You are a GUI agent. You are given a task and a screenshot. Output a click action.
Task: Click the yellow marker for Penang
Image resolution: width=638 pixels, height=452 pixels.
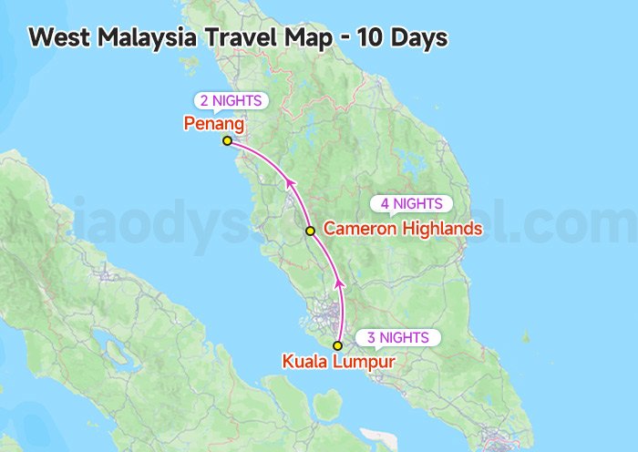tap(227, 140)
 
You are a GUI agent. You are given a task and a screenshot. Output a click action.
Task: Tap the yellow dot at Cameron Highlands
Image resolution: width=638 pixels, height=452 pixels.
tap(310, 231)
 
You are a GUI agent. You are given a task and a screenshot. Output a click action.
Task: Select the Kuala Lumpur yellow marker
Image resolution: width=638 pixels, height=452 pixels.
tap(337, 345)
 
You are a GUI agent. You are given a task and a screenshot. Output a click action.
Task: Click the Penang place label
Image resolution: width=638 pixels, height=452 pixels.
tap(214, 122)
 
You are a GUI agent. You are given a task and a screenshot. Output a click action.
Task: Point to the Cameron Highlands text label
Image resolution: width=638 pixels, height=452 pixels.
tap(403, 229)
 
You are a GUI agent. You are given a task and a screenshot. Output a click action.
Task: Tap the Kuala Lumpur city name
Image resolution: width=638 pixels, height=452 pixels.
tap(339, 362)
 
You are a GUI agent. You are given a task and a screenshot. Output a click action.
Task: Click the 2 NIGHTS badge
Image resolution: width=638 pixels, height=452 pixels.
tap(232, 100)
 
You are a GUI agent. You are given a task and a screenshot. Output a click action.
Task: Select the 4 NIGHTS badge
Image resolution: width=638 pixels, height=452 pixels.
tap(411, 204)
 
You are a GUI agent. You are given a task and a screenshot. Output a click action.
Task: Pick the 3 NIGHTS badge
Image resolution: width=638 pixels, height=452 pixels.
tap(398, 338)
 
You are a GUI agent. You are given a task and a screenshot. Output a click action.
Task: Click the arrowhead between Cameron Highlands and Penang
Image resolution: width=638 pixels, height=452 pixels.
tap(291, 185)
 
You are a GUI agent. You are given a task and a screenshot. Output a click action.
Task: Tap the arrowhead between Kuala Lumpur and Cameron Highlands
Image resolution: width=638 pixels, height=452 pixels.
tap(340, 286)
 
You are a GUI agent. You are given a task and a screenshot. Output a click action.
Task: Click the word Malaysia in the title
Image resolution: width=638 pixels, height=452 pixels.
tap(139, 38)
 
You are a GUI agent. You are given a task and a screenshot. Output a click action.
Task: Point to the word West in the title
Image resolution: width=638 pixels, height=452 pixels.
tap(55, 38)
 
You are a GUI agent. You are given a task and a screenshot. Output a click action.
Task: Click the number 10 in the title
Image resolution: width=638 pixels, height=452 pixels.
tap(370, 38)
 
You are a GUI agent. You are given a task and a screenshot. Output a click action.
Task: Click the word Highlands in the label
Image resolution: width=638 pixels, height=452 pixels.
tap(442, 229)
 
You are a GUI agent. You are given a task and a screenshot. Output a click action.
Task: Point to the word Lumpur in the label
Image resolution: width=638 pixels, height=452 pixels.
tap(365, 362)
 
